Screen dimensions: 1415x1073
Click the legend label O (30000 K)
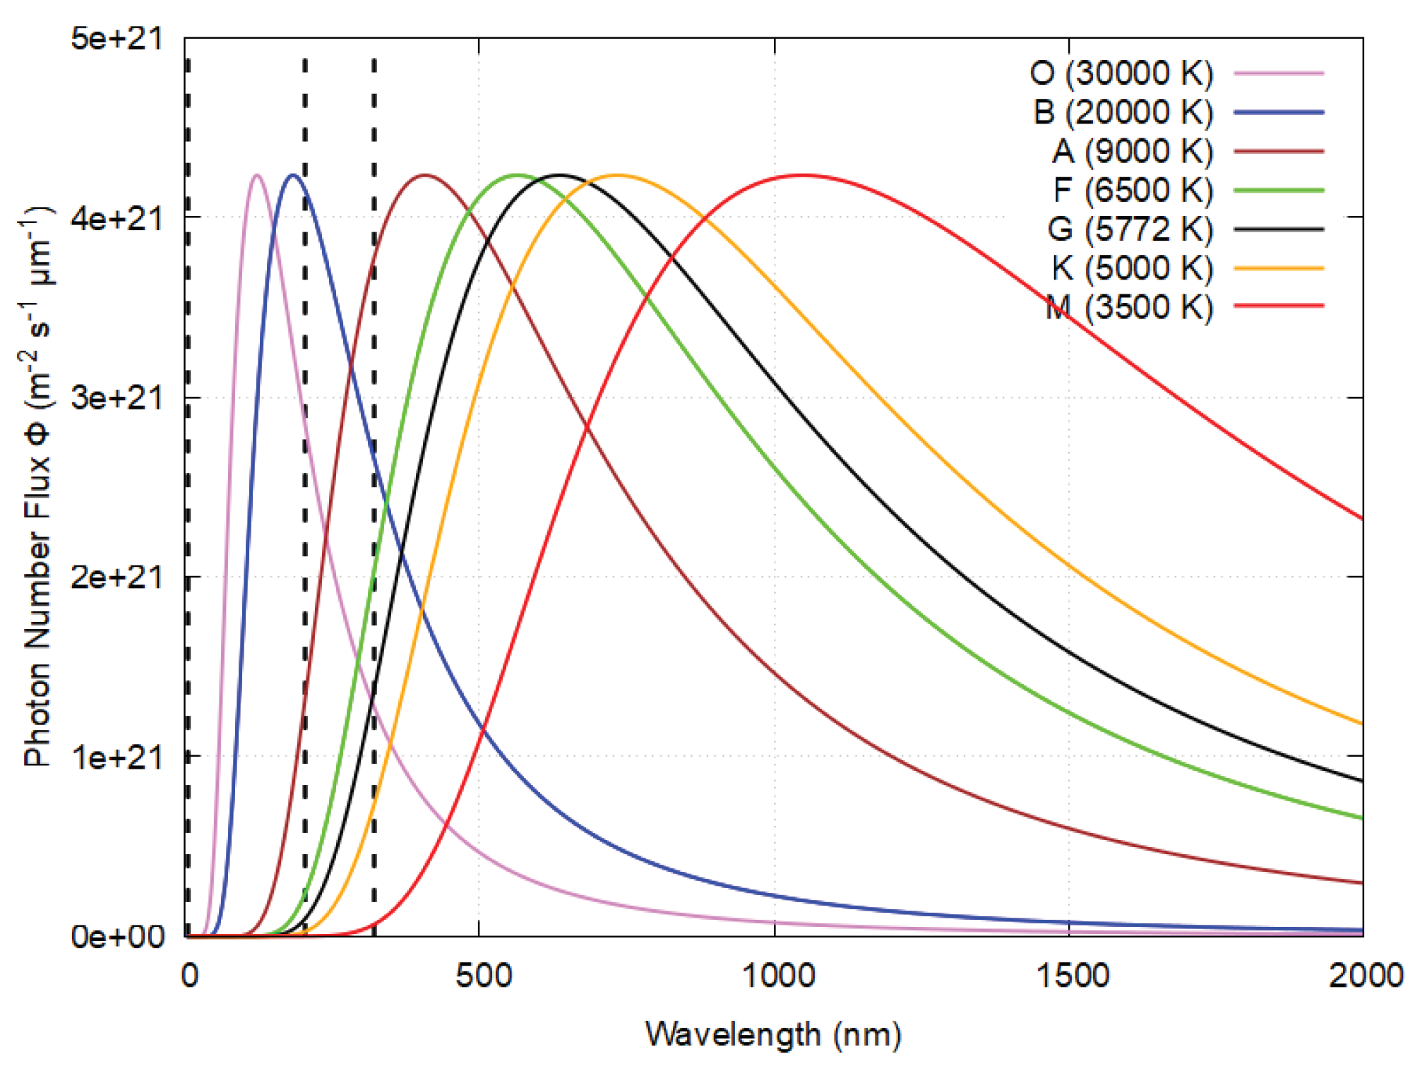click(1121, 73)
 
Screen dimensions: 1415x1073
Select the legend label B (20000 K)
click(1123, 112)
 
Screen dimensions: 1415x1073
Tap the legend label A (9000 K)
click(1133, 151)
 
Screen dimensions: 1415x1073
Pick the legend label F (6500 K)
click(1133, 190)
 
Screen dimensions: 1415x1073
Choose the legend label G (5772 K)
click(1130, 229)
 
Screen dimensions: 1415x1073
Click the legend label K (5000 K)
click(1133, 268)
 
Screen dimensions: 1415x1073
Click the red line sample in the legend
click(1279, 306)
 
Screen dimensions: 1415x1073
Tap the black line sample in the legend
click(1279, 229)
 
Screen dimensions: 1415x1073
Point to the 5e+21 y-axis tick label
click(117, 38)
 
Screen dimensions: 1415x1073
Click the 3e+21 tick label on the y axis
click(117, 397)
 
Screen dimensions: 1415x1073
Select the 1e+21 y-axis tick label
click(117, 757)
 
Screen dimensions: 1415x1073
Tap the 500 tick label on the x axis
click(483, 976)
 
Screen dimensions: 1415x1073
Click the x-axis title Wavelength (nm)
click(773, 1035)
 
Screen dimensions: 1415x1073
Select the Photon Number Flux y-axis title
click(37, 487)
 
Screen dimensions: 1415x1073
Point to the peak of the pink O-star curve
click(256, 175)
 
